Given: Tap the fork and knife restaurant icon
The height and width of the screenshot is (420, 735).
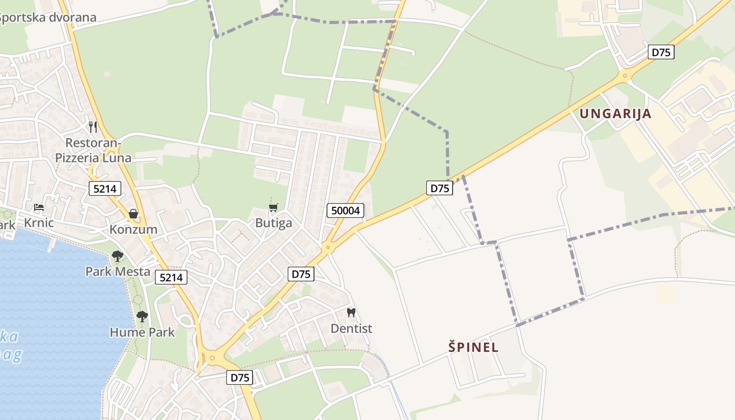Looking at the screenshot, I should (x=93, y=127).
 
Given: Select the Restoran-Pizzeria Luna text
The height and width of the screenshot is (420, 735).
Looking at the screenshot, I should (x=93, y=150).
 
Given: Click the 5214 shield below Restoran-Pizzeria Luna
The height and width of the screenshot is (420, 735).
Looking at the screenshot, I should (x=105, y=188).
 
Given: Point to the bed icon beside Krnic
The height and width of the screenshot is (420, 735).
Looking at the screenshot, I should (x=39, y=207).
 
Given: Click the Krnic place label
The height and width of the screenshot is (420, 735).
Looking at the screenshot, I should (x=39, y=223).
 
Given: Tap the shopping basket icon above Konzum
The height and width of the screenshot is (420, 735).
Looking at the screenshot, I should (x=133, y=214).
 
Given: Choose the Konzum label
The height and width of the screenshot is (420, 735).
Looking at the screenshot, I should (x=133, y=229).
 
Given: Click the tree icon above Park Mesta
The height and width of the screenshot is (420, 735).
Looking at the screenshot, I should (x=118, y=256).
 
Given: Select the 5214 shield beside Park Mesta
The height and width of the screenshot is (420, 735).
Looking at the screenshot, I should (x=171, y=277).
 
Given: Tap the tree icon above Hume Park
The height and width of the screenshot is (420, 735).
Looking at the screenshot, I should (x=142, y=316).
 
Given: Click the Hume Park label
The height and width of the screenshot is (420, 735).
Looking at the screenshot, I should (x=142, y=332).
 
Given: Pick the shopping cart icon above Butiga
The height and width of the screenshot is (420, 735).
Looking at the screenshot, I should (x=273, y=208).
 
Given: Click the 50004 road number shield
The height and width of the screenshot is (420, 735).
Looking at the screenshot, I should (x=345, y=211).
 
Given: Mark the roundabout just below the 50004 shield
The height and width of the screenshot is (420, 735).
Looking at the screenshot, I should (x=328, y=247).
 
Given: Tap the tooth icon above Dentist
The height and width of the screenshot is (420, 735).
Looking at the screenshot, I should (x=351, y=313).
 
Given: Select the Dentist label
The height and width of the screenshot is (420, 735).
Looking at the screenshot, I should (x=351, y=329).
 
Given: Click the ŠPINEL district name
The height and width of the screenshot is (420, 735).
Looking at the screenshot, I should (x=474, y=347).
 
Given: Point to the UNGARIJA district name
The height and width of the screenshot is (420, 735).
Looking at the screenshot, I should (x=615, y=114).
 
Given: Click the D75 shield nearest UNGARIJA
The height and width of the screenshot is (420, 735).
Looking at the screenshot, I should (x=661, y=52).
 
